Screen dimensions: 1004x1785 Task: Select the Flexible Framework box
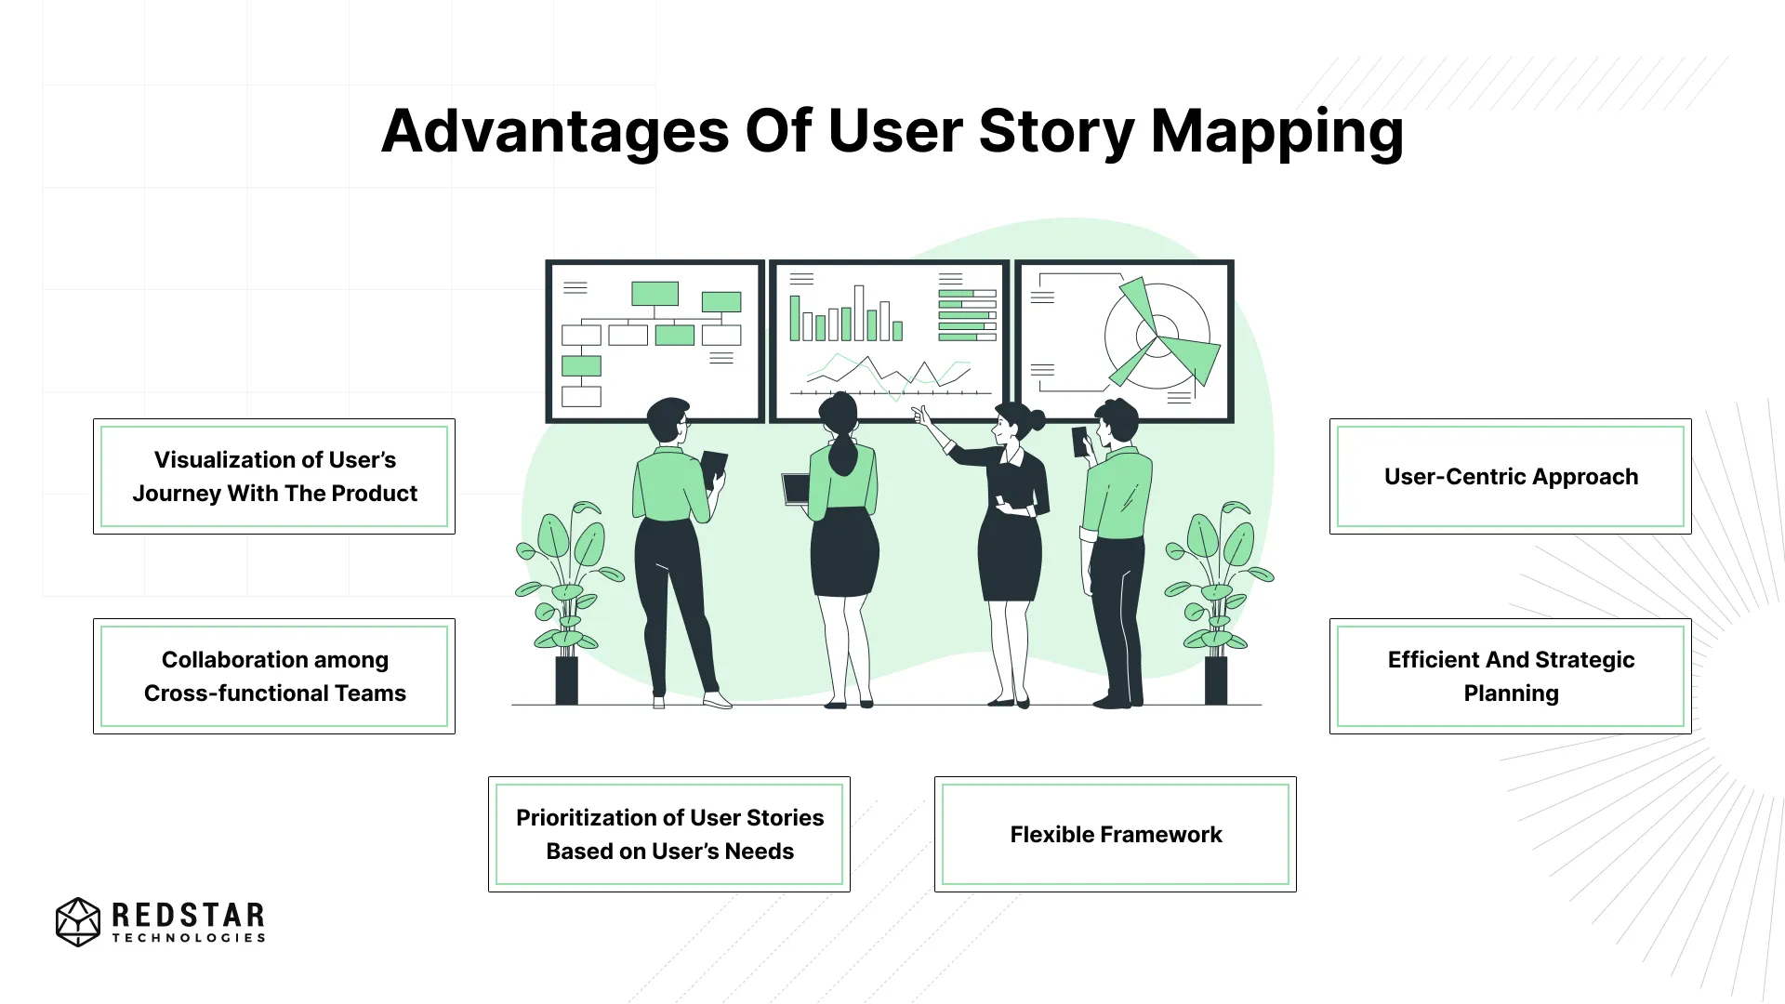click(x=1116, y=834)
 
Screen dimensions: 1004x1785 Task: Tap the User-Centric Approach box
click(x=1510, y=476)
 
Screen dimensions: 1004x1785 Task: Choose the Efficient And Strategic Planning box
click(x=1510, y=676)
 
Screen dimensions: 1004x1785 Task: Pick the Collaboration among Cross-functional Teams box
click(x=274, y=676)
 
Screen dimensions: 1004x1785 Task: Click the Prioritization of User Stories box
click(x=669, y=834)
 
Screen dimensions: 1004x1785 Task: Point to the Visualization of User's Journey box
click(x=274, y=476)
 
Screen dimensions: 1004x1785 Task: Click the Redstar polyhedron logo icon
click(x=78, y=921)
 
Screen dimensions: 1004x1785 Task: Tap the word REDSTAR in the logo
click(x=188, y=916)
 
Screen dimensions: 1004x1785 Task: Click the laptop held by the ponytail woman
click(x=796, y=489)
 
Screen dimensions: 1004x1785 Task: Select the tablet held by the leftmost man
click(x=713, y=467)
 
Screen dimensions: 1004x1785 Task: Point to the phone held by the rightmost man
click(x=1079, y=442)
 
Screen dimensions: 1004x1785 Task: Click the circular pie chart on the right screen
click(x=1158, y=336)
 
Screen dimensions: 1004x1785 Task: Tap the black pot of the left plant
click(x=566, y=680)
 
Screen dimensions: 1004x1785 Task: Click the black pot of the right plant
click(x=1216, y=680)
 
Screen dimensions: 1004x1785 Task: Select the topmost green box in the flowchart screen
click(x=654, y=294)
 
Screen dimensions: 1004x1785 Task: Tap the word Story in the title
click(x=1056, y=132)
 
